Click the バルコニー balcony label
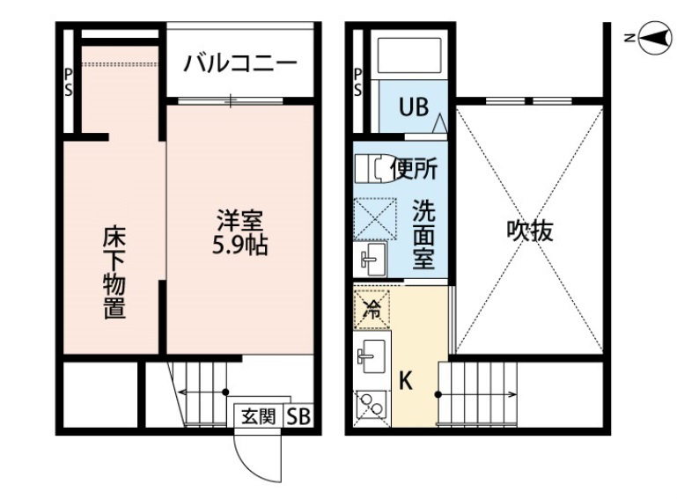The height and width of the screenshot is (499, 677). [240, 63]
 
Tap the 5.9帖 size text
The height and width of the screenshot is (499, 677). [240, 246]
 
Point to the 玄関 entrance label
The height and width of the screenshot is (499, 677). [258, 416]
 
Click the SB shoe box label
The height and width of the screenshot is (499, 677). [298, 416]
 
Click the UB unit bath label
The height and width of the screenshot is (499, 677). [414, 106]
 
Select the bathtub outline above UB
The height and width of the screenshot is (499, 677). [409, 55]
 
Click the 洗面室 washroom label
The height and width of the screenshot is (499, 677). [423, 234]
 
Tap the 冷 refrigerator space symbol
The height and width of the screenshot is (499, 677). [372, 309]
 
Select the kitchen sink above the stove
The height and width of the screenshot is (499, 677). [372, 356]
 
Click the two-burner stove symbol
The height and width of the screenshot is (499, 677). [372, 406]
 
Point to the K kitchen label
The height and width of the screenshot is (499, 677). [405, 381]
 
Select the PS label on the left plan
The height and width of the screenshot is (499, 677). [68, 82]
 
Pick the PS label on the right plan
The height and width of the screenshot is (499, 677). [357, 82]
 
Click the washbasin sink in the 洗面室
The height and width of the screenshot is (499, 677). [371, 259]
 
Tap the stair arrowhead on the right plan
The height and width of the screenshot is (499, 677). [514, 394]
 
